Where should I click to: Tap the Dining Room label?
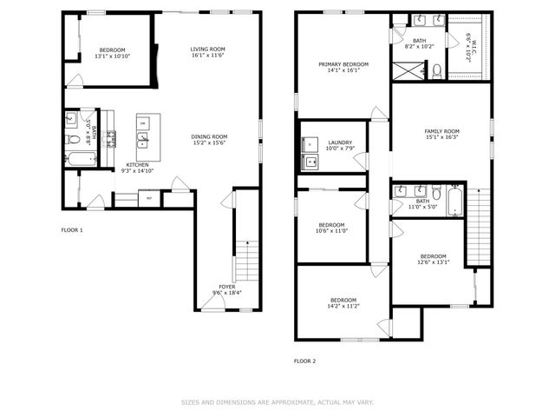tap(209, 136)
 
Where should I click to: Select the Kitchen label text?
tap(137, 164)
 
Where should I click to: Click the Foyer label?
tap(226, 286)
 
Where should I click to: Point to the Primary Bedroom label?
tap(343, 64)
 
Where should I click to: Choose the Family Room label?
tap(441, 131)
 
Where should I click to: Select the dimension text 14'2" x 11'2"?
tap(343, 306)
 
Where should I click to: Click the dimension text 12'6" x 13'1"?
tap(433, 262)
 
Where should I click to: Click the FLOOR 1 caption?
tap(72, 230)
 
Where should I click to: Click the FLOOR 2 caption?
tap(304, 361)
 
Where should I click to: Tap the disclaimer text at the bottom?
tap(277, 402)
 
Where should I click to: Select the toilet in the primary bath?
tap(438, 69)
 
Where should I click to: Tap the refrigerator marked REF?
tap(149, 199)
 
